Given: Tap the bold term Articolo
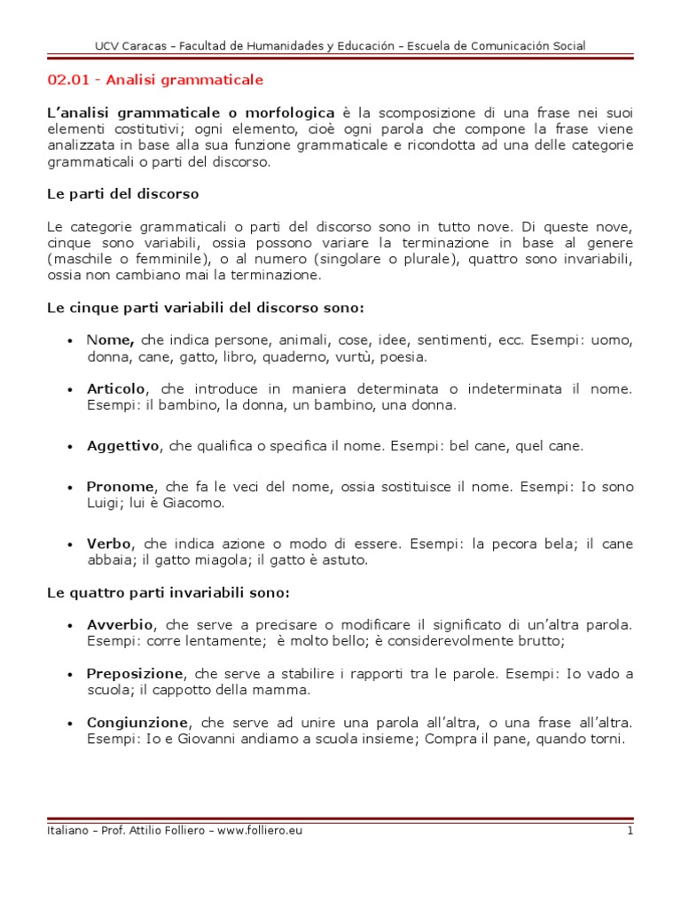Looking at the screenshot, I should (115, 388).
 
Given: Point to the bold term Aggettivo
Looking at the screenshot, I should (122, 446).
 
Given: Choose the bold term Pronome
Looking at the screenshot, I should (121, 487).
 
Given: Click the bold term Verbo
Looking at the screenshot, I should (109, 544).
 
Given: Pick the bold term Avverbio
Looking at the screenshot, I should (120, 624).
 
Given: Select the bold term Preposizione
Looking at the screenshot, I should (135, 673).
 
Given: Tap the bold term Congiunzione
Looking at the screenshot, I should (137, 722).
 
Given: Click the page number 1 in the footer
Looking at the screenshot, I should (630, 831).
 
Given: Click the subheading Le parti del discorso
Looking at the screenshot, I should (122, 193).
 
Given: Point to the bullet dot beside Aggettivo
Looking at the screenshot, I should (70, 447).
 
